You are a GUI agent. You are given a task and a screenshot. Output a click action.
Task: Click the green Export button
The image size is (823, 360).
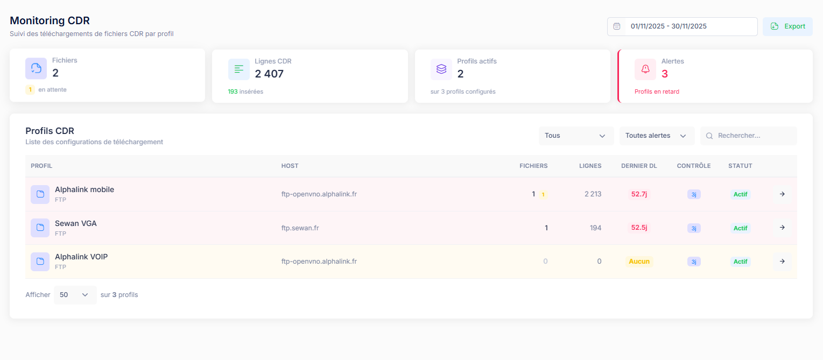tap(787, 26)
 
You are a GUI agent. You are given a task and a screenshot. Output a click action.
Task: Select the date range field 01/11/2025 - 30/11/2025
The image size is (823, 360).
tap(682, 26)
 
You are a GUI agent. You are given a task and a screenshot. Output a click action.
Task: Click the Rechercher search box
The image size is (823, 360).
tap(748, 136)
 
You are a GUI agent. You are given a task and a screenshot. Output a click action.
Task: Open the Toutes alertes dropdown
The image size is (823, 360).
tap(657, 136)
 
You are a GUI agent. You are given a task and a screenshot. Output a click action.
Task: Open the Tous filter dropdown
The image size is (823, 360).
tap(576, 136)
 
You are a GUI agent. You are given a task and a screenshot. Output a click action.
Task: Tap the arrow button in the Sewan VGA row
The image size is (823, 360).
tap(782, 228)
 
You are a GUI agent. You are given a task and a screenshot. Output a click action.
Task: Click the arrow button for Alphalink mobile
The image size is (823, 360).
tap(782, 194)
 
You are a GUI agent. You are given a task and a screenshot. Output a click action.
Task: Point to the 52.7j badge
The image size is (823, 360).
tap(639, 194)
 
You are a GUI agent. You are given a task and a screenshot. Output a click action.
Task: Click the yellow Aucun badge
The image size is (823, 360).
tap(639, 262)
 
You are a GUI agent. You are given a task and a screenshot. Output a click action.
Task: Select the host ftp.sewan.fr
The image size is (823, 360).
tap(300, 228)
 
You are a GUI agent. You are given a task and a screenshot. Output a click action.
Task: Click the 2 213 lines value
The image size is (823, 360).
tap(593, 194)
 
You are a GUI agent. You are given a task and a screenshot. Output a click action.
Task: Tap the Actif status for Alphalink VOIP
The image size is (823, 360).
tap(740, 262)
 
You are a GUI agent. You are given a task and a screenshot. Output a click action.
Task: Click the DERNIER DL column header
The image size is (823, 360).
tap(639, 166)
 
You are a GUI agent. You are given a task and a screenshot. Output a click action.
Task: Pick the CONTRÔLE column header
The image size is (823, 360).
tap(693, 166)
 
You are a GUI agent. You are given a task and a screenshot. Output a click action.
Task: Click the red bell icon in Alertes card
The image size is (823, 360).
tap(645, 69)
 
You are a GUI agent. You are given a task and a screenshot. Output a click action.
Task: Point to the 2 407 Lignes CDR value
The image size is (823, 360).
tap(269, 74)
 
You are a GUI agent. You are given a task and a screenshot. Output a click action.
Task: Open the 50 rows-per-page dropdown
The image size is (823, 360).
tap(75, 295)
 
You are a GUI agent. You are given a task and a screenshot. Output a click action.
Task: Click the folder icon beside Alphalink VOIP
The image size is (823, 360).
tap(40, 262)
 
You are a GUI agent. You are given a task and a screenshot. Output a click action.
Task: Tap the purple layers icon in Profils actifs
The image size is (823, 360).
tap(441, 69)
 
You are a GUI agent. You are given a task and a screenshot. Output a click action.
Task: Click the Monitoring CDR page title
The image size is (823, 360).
tap(50, 21)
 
